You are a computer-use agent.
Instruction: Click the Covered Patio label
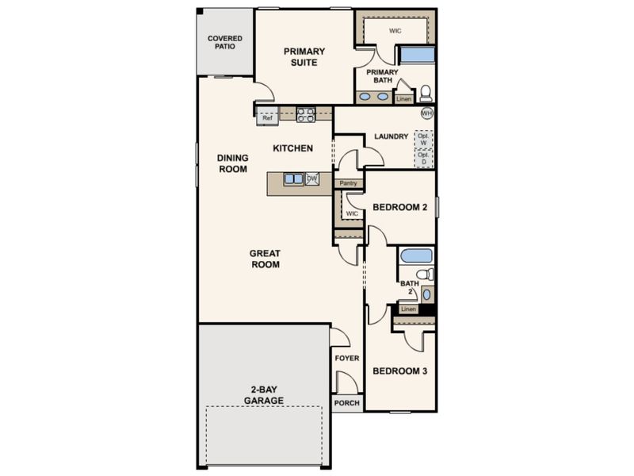(x=225, y=43)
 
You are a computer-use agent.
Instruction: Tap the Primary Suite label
(x=304, y=57)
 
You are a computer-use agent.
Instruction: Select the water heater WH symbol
(x=427, y=113)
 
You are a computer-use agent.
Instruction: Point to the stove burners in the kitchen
(x=306, y=114)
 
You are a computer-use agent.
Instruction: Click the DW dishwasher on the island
(x=312, y=178)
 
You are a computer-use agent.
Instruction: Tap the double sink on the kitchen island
(x=293, y=178)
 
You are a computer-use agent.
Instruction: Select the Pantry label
(x=349, y=183)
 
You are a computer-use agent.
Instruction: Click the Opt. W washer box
(x=423, y=140)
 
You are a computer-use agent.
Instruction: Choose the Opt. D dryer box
(x=424, y=158)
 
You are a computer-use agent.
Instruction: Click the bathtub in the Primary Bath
(x=417, y=55)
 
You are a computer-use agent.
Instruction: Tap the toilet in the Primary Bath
(x=426, y=94)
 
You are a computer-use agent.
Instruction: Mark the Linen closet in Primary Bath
(x=404, y=98)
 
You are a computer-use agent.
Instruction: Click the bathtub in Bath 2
(x=416, y=255)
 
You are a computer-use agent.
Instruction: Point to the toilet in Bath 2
(x=426, y=274)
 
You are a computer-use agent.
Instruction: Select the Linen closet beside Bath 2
(x=408, y=309)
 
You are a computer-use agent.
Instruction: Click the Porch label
(x=347, y=403)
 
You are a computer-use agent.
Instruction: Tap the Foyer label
(x=347, y=359)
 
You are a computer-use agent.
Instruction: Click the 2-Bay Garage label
(x=264, y=395)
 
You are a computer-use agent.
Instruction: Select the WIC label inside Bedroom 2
(x=352, y=213)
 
